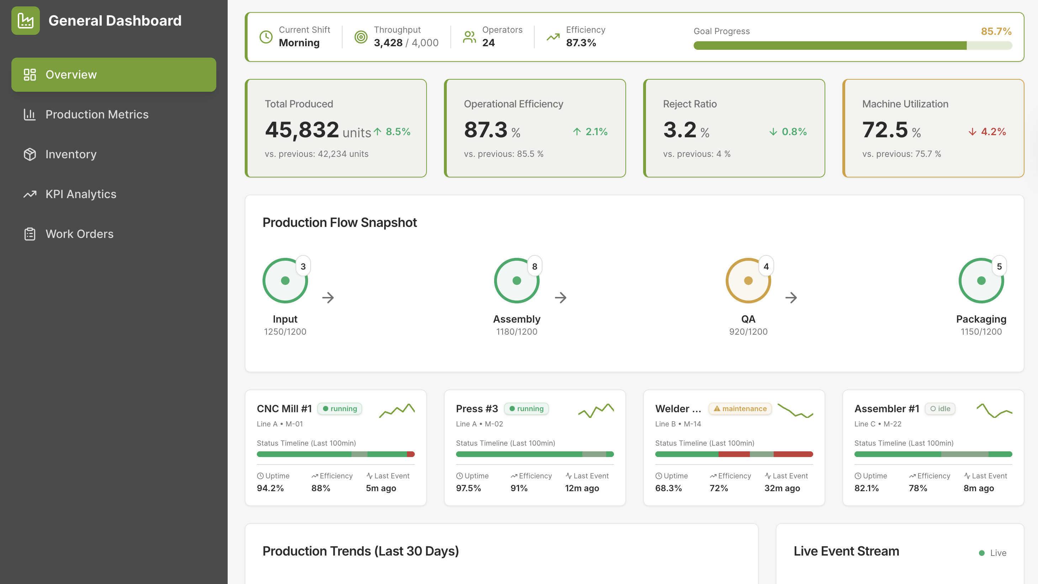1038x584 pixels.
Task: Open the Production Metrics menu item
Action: (97, 115)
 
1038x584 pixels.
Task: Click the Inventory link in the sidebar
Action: (71, 154)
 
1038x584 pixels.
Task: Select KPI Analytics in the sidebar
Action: (81, 194)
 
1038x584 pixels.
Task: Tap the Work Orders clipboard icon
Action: (30, 234)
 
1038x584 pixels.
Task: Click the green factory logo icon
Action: (25, 21)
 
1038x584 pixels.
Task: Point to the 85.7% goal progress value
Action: (996, 31)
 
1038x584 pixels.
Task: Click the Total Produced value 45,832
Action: (302, 130)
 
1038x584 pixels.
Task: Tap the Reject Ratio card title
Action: (689, 104)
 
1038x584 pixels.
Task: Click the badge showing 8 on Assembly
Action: (534, 266)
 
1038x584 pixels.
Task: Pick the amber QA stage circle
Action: (748, 281)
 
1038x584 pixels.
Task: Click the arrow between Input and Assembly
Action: (328, 298)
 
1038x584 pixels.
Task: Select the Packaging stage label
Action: (981, 319)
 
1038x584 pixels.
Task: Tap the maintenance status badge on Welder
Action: (740, 408)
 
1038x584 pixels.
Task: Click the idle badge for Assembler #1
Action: (940, 408)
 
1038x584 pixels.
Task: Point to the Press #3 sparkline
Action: (596, 410)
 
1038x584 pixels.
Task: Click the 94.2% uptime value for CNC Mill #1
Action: (270, 488)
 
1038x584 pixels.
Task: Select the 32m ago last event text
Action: (782, 488)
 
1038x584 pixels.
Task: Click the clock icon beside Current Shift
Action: (266, 37)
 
